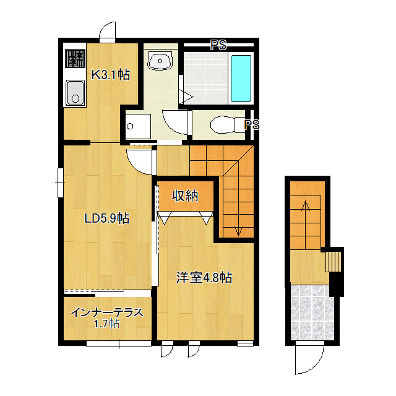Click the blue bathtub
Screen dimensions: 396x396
241,79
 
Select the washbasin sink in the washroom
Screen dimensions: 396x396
160,61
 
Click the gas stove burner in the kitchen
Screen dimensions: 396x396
75,58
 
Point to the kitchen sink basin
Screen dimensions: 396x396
75,93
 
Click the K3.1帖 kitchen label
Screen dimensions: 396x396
111,74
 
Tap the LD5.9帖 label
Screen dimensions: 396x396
107,218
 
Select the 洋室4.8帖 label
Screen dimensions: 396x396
204,278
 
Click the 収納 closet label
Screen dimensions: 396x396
185,196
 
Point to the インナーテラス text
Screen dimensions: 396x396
107,312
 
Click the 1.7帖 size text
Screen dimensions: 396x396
106,324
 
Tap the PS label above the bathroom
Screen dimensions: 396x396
218,45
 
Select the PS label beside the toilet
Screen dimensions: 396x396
252,124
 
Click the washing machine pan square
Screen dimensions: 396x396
138,126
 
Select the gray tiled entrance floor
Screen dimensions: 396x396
312,312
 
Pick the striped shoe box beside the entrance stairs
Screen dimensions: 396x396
334,261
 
